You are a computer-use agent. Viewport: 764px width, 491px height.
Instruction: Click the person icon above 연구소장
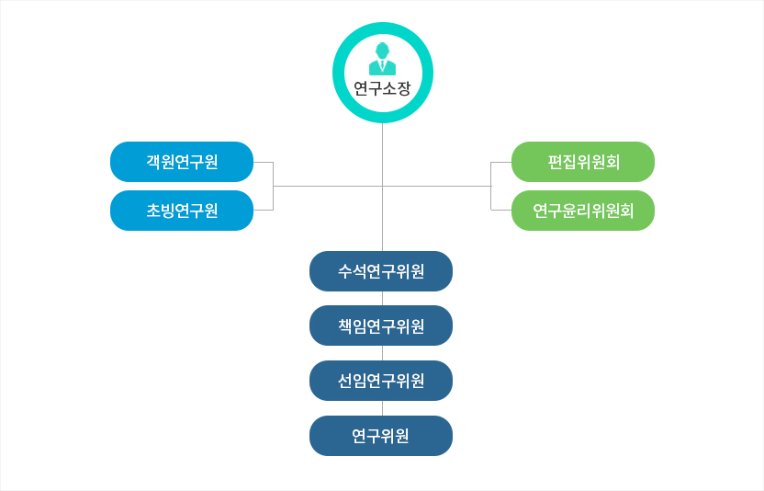(x=383, y=59)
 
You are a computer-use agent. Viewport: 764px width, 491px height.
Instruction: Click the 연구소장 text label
(x=383, y=88)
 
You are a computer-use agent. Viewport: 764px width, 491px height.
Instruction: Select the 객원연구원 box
(x=182, y=162)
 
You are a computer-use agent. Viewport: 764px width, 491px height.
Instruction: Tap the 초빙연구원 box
(x=182, y=211)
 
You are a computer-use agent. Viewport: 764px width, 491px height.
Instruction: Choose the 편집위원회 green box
(x=583, y=162)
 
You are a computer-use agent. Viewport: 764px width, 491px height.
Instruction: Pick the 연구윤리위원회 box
(x=583, y=211)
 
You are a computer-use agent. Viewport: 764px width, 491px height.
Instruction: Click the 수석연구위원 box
(x=381, y=271)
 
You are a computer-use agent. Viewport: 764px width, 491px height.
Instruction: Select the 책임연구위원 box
(x=381, y=325)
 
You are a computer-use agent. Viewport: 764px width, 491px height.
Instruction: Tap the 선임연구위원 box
(x=381, y=381)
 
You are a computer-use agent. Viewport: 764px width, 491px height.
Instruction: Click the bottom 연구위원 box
(x=381, y=436)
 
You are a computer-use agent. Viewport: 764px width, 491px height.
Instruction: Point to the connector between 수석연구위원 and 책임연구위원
(x=383, y=298)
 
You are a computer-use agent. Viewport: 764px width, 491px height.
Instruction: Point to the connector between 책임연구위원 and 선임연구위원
(x=383, y=353)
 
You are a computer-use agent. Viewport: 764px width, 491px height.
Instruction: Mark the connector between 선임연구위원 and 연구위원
(x=383, y=408)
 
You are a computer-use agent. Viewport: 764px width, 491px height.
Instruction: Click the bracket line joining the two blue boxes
(x=273, y=186)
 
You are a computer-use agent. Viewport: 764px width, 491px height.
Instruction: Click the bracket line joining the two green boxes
(x=491, y=186)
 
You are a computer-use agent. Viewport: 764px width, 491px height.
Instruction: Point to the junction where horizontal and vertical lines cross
(x=383, y=186)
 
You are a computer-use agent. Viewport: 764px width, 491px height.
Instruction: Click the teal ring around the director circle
(x=383, y=29)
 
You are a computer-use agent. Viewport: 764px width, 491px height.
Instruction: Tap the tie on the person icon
(x=383, y=66)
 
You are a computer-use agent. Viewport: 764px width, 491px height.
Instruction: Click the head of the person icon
(x=383, y=51)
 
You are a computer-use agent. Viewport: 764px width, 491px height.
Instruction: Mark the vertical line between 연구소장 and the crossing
(x=383, y=154)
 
